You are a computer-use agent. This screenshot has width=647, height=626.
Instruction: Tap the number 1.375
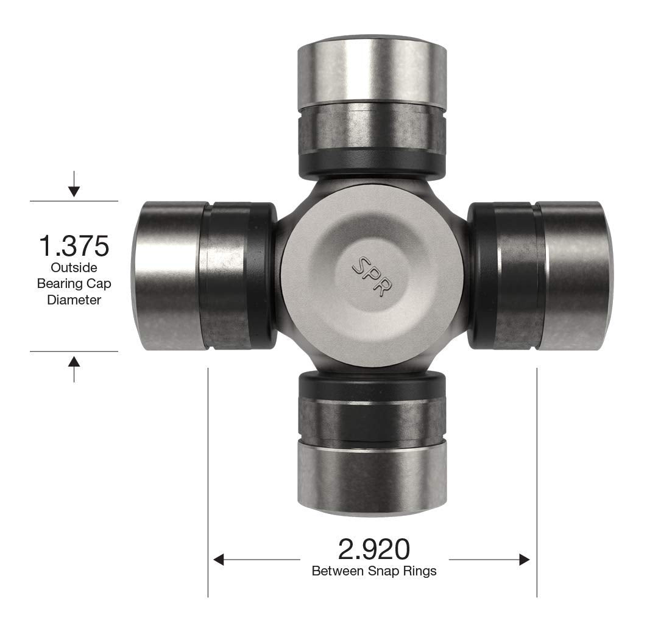[x=74, y=247]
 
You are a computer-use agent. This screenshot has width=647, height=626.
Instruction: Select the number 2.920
[x=373, y=549]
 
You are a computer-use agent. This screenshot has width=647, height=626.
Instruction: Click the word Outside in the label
[x=74, y=268]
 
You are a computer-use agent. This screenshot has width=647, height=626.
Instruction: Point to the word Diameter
[x=74, y=300]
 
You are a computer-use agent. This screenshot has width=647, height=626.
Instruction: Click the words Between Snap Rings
[x=373, y=572]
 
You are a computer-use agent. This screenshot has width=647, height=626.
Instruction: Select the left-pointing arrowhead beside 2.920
[x=219, y=560]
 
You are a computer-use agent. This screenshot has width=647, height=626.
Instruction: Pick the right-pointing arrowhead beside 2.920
[x=525, y=560]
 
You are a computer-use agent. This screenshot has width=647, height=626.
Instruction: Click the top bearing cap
[x=372, y=73]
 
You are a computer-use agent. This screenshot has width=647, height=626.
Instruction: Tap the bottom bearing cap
[x=372, y=475]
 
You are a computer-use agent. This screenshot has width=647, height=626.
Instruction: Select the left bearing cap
[x=171, y=276]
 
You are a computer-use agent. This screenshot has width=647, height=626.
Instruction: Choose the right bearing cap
[x=573, y=276]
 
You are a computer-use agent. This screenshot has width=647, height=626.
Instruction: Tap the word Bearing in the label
[x=57, y=284]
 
